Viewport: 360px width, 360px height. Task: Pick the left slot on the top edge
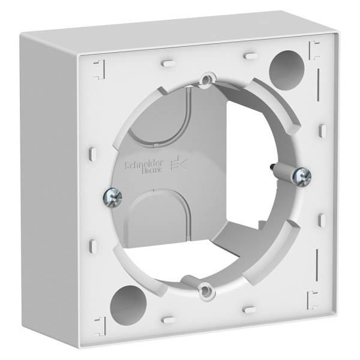click(167, 61)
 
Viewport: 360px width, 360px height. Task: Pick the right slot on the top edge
click(247, 56)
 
